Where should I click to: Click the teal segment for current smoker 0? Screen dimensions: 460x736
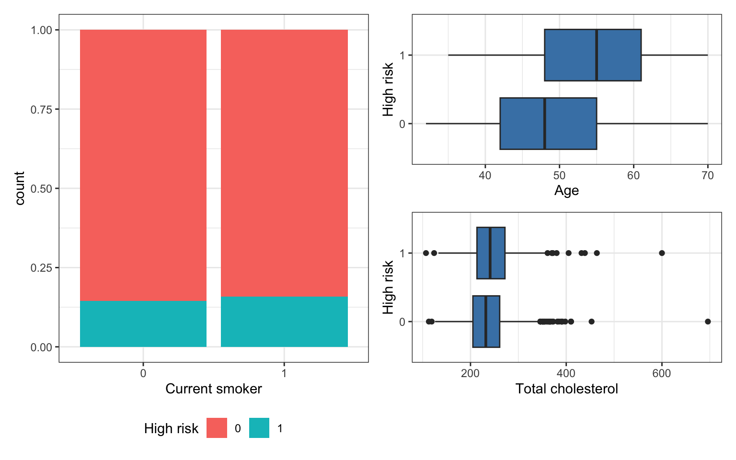point(143,323)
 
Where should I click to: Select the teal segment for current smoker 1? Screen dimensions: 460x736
point(284,322)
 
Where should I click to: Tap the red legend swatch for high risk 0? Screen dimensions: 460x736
point(217,428)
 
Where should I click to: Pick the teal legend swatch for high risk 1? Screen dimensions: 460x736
point(259,428)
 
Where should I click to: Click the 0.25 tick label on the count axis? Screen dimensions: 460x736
point(41,268)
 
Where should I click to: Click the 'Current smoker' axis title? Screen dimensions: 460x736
point(214,389)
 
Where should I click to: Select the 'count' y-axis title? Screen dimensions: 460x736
point(20,188)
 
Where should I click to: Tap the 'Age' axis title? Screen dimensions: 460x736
point(566,191)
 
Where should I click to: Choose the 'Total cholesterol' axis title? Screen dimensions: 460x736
point(566,389)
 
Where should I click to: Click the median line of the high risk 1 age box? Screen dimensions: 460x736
point(596,55)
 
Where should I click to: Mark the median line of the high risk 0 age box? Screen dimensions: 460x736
point(544,124)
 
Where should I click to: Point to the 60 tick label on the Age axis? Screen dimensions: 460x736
point(633,176)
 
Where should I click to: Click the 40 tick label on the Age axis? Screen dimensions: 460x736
point(485,176)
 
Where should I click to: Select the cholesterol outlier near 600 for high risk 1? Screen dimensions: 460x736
point(662,253)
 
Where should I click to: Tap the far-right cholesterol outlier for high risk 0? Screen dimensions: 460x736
point(708,322)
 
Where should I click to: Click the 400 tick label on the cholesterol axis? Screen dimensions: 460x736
point(566,374)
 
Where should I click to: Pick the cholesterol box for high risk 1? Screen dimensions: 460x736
point(491,253)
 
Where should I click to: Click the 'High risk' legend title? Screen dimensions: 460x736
point(171,428)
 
